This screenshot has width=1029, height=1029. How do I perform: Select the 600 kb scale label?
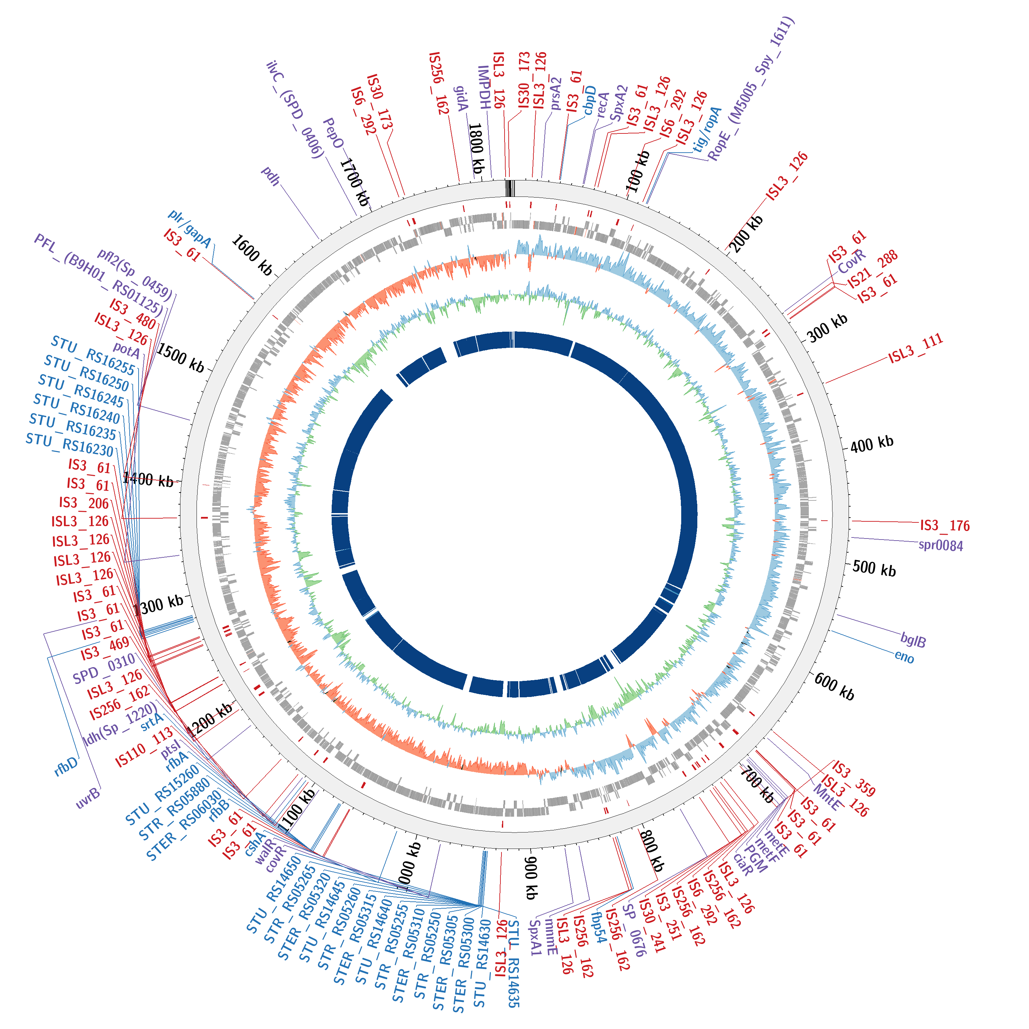coord(834,687)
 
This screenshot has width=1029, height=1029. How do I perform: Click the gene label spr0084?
coord(941,545)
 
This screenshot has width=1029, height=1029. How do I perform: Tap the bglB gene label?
coord(913,640)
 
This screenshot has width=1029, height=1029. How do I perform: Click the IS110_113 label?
coord(144,747)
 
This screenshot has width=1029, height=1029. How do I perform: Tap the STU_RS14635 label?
coord(512,964)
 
